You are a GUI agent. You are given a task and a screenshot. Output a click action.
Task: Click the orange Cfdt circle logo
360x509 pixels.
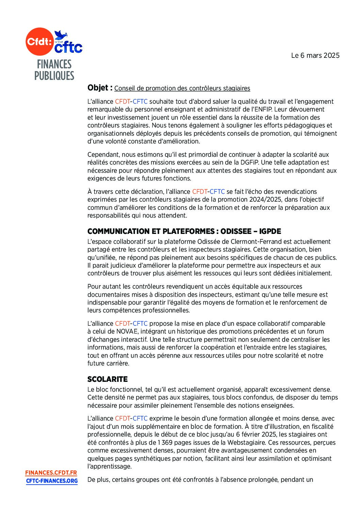pyautogui.click(x=39, y=42)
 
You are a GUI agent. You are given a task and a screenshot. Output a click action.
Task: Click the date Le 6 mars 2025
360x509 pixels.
pyautogui.click(x=315, y=55)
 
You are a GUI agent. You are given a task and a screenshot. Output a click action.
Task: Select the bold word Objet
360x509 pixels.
pyautogui.click(x=98, y=88)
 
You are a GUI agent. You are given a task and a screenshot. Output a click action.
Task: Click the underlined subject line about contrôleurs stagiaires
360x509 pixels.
pyautogui.click(x=182, y=88)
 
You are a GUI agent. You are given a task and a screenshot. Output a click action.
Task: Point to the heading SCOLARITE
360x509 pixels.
pyautogui.click(x=108, y=379)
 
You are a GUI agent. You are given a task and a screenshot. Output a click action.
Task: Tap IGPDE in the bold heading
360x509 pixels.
pyautogui.click(x=270, y=232)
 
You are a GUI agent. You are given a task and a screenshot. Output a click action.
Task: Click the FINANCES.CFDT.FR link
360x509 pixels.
pyautogui.click(x=51, y=473)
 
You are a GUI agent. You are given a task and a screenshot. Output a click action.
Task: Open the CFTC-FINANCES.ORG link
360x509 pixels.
pyautogui.click(x=52, y=481)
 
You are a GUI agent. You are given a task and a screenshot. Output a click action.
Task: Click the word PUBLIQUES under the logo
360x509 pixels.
pyautogui.click(x=54, y=75)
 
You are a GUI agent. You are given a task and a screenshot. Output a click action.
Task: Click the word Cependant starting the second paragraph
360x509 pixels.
pyautogui.click(x=103, y=155)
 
